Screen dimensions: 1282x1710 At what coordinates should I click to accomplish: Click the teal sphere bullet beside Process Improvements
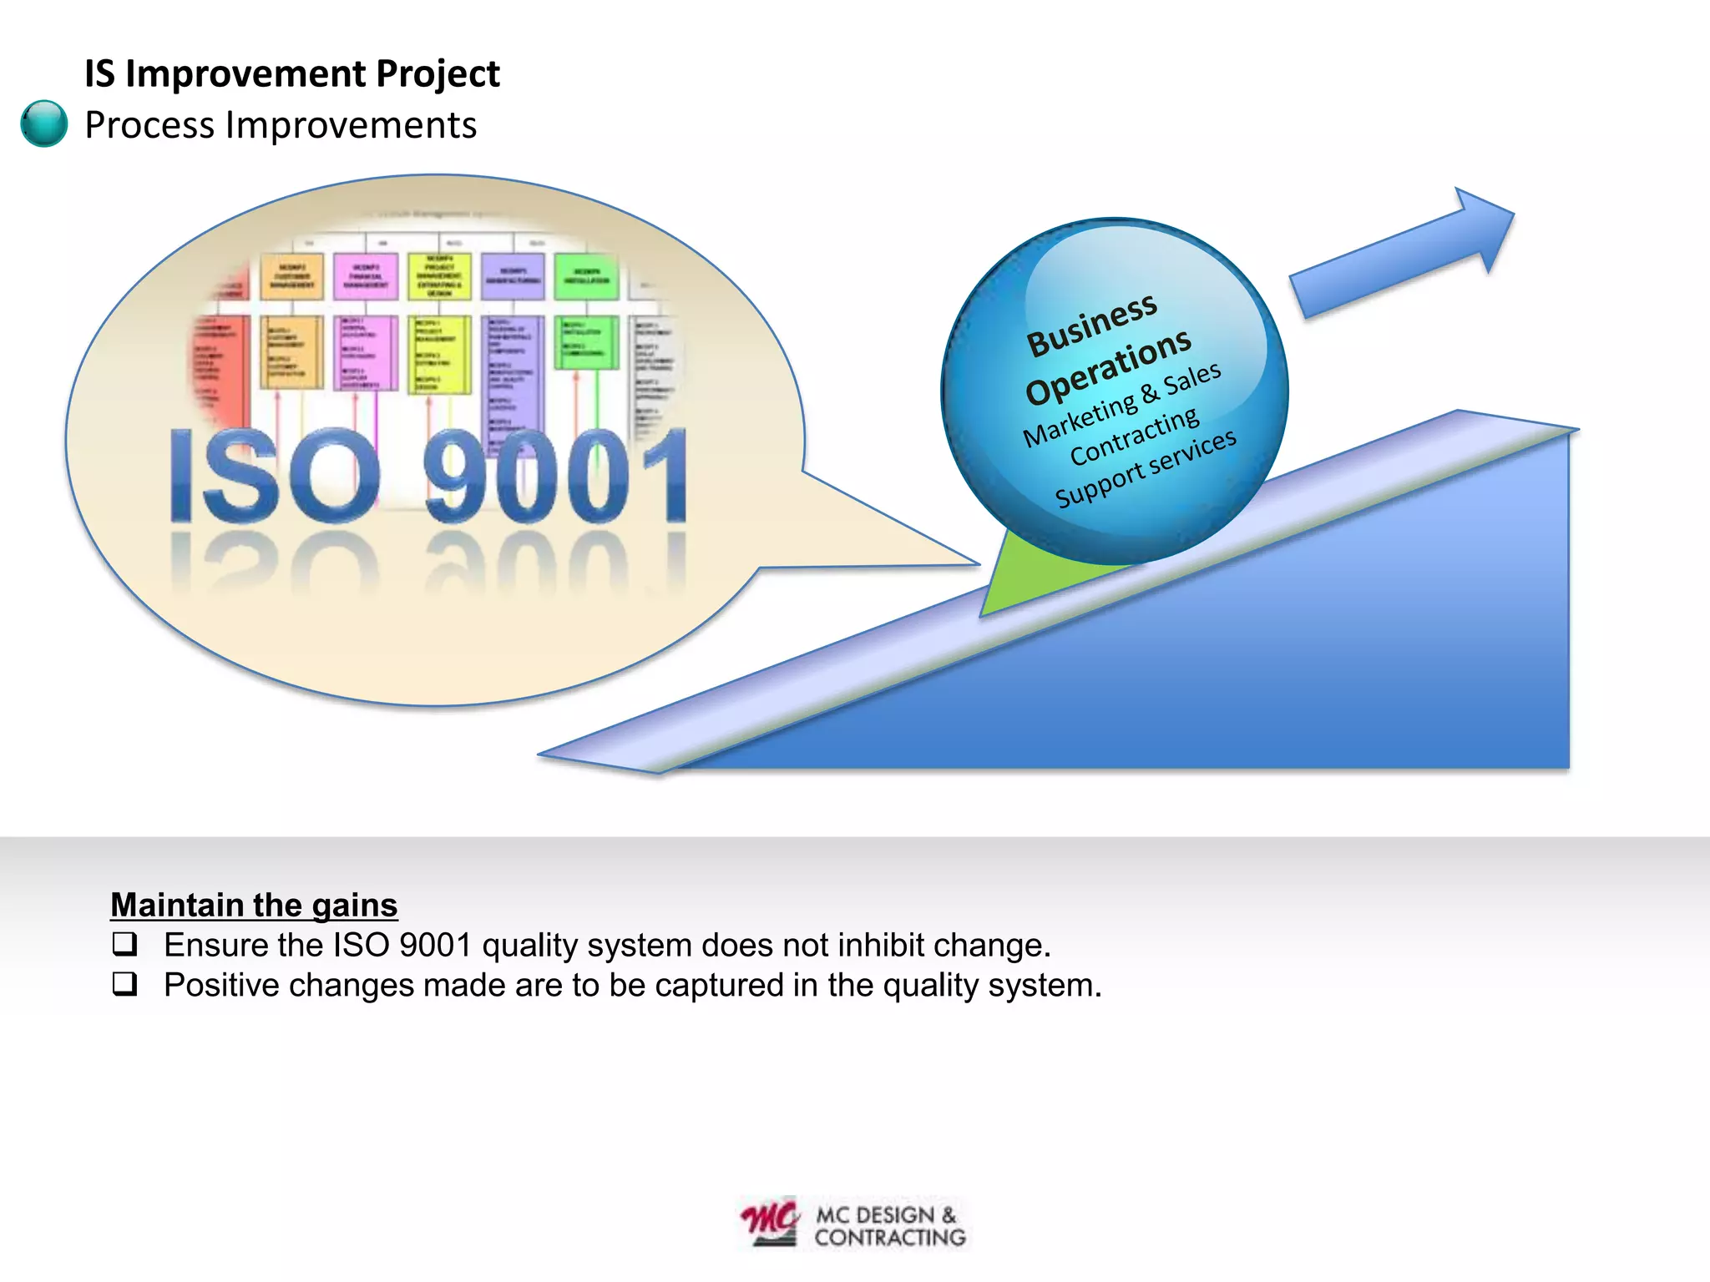tap(43, 124)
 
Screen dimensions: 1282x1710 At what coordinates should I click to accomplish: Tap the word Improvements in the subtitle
tap(351, 125)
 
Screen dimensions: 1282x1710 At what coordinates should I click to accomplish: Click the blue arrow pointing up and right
tap(1403, 250)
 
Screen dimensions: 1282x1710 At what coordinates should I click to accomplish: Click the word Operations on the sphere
tap(1108, 366)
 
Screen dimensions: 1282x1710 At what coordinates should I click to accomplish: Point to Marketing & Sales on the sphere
tap(1121, 405)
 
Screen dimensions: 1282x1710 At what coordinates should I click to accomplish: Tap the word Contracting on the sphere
tap(1134, 437)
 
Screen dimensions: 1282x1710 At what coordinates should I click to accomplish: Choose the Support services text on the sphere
tap(1145, 468)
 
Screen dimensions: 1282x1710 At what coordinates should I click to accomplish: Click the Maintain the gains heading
tap(254, 905)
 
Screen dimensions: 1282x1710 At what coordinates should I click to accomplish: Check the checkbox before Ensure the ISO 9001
tap(124, 944)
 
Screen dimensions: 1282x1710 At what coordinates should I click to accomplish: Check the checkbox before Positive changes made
tap(124, 984)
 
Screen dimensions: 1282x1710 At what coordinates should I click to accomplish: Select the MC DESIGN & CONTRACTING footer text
tap(889, 1226)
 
